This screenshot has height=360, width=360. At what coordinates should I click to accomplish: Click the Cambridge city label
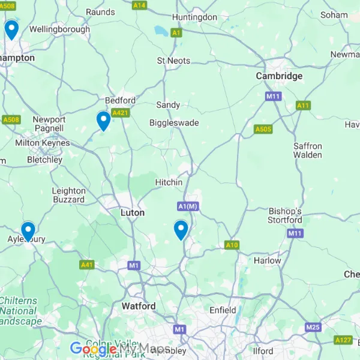pos(279,76)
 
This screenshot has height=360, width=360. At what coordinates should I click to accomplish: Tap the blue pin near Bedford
pos(104,121)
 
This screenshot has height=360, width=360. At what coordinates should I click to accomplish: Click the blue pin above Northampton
pos(11,29)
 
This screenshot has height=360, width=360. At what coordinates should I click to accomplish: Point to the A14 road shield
pos(139,5)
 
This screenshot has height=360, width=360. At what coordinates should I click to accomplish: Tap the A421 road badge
pos(121,112)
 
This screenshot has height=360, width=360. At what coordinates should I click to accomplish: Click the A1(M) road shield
pos(188,206)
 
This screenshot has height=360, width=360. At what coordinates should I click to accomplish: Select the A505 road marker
pos(263,129)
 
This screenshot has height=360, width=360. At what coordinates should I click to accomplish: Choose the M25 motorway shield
pos(313,327)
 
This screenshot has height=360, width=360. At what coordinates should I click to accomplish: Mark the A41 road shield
pos(87,265)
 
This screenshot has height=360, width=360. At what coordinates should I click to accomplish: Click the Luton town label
pos(133,212)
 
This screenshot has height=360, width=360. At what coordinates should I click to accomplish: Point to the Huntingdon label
pos(194,17)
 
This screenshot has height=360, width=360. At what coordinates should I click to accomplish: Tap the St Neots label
pos(173,61)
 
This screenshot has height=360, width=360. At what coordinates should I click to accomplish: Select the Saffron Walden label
pos(307,151)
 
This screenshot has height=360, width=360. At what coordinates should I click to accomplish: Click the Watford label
pos(139,306)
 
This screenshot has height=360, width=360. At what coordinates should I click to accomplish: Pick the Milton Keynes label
pos(42,143)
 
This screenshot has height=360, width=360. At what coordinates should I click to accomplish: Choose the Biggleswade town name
pos(174,123)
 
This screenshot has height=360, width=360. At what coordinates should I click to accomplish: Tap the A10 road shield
pos(232,245)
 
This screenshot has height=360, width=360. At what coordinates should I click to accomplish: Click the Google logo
pos(93,349)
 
